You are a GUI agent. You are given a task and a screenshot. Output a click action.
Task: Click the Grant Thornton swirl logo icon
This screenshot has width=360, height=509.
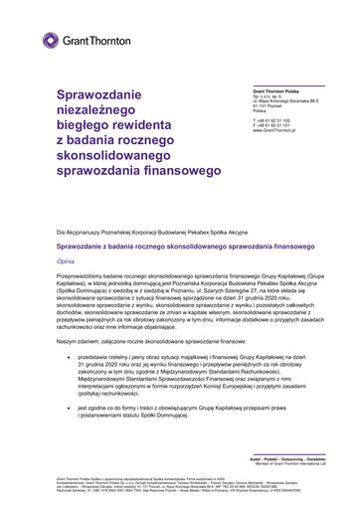click(x=51, y=40)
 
